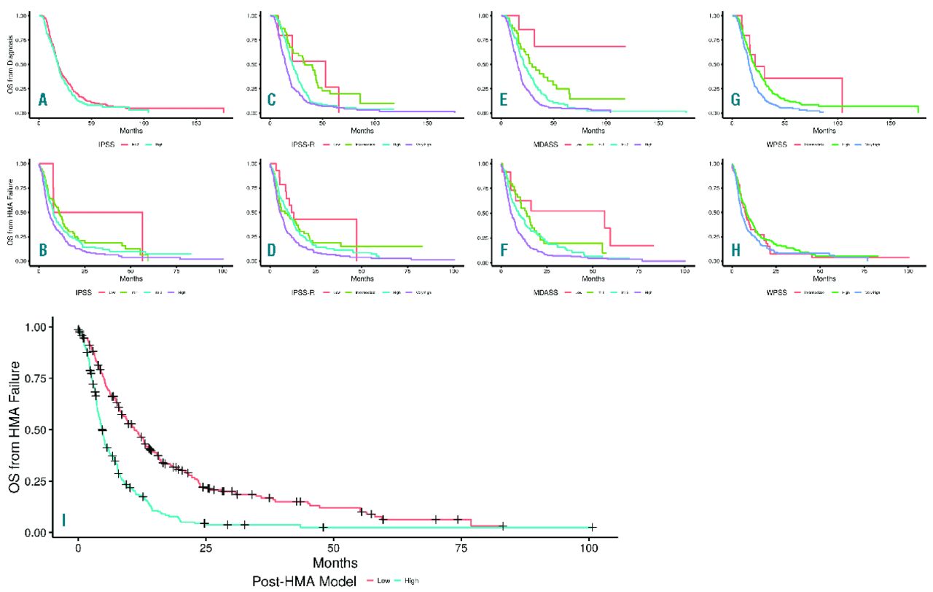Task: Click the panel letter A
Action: point(43,100)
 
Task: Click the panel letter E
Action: point(504,100)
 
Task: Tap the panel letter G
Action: point(735,100)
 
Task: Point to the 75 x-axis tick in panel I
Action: point(461,549)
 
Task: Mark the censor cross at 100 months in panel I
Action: point(592,527)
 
